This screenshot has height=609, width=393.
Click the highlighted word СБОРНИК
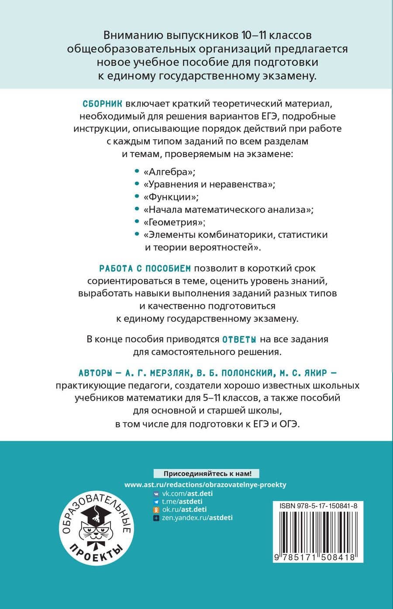click(x=102, y=104)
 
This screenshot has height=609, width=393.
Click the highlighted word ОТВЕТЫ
click(x=239, y=339)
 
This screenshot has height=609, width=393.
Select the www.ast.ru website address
click(x=205, y=485)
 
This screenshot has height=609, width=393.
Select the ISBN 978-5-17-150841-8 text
click(x=317, y=506)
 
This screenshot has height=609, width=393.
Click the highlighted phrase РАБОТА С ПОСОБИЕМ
click(x=145, y=268)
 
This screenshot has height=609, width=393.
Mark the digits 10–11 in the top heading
click(x=251, y=35)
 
